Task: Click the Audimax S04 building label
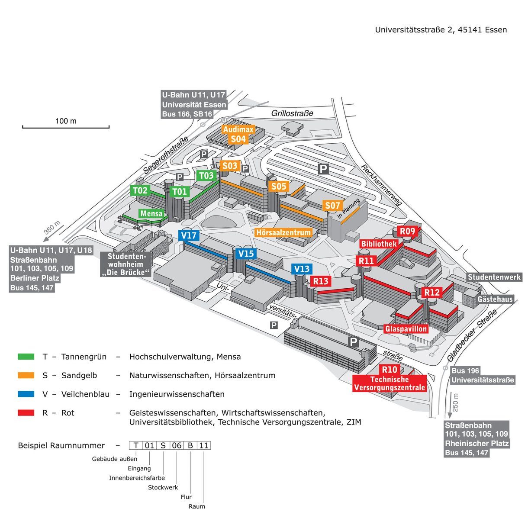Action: [238, 134]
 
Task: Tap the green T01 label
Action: [180, 192]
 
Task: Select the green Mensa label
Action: [151, 213]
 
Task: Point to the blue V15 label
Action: [246, 254]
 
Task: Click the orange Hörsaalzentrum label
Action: [283, 233]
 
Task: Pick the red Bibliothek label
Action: [379, 244]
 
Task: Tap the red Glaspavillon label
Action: [406, 328]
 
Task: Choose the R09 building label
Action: [407, 231]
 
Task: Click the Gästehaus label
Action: [495, 299]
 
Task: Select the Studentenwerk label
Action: [494, 277]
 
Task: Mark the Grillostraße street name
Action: [292, 113]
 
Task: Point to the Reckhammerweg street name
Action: [382, 185]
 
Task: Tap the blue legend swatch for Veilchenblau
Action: [26, 394]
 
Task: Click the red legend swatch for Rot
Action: [26, 412]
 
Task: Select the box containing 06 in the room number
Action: [177, 445]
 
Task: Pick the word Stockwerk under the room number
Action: [163, 487]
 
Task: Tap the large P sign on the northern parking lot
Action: [323, 169]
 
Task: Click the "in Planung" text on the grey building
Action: [348, 209]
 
